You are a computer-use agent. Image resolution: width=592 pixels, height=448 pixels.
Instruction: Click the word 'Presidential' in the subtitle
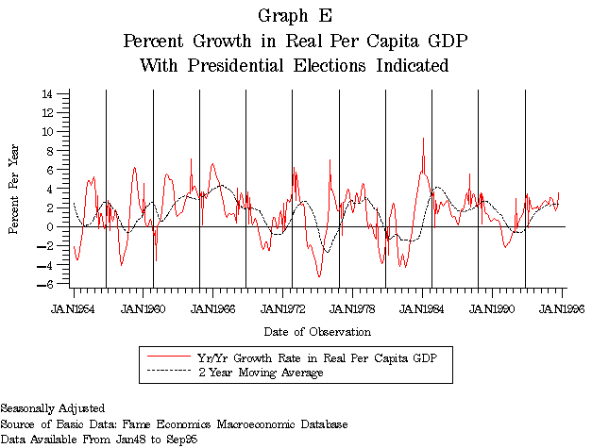point(224,66)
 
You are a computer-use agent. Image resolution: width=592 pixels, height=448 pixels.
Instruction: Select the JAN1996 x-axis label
point(563,307)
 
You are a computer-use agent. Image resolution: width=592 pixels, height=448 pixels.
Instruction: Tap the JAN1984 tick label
point(423,307)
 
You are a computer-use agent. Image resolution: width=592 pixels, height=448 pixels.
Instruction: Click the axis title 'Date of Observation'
point(317,332)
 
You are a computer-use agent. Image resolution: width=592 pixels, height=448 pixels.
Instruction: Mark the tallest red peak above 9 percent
point(423,139)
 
